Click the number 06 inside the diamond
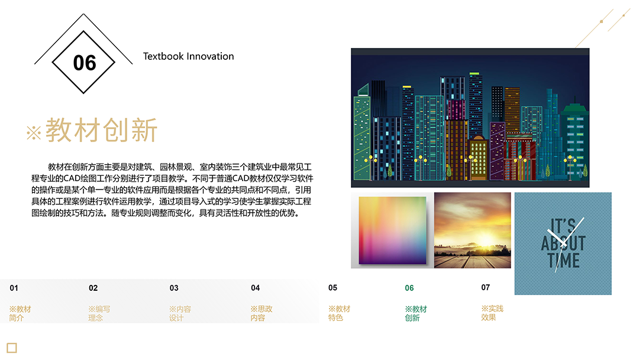coord(85,63)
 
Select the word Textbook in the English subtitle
coord(163,56)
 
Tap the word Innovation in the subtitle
coord(210,56)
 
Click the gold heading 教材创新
coord(102,130)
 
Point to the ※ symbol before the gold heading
coord(34,133)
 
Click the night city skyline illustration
coord(470,118)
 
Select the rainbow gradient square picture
coord(392,230)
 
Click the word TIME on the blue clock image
coord(564,261)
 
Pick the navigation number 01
coord(14,288)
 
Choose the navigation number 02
coord(93,288)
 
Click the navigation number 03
coord(174,288)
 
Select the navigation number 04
coord(256,288)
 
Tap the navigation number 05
coord(333,287)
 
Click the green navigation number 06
coord(409,288)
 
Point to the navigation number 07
coord(485,287)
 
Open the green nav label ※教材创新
coord(416,314)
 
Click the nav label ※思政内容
coord(262,314)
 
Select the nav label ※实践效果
coord(492,313)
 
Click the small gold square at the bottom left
coord(12,348)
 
